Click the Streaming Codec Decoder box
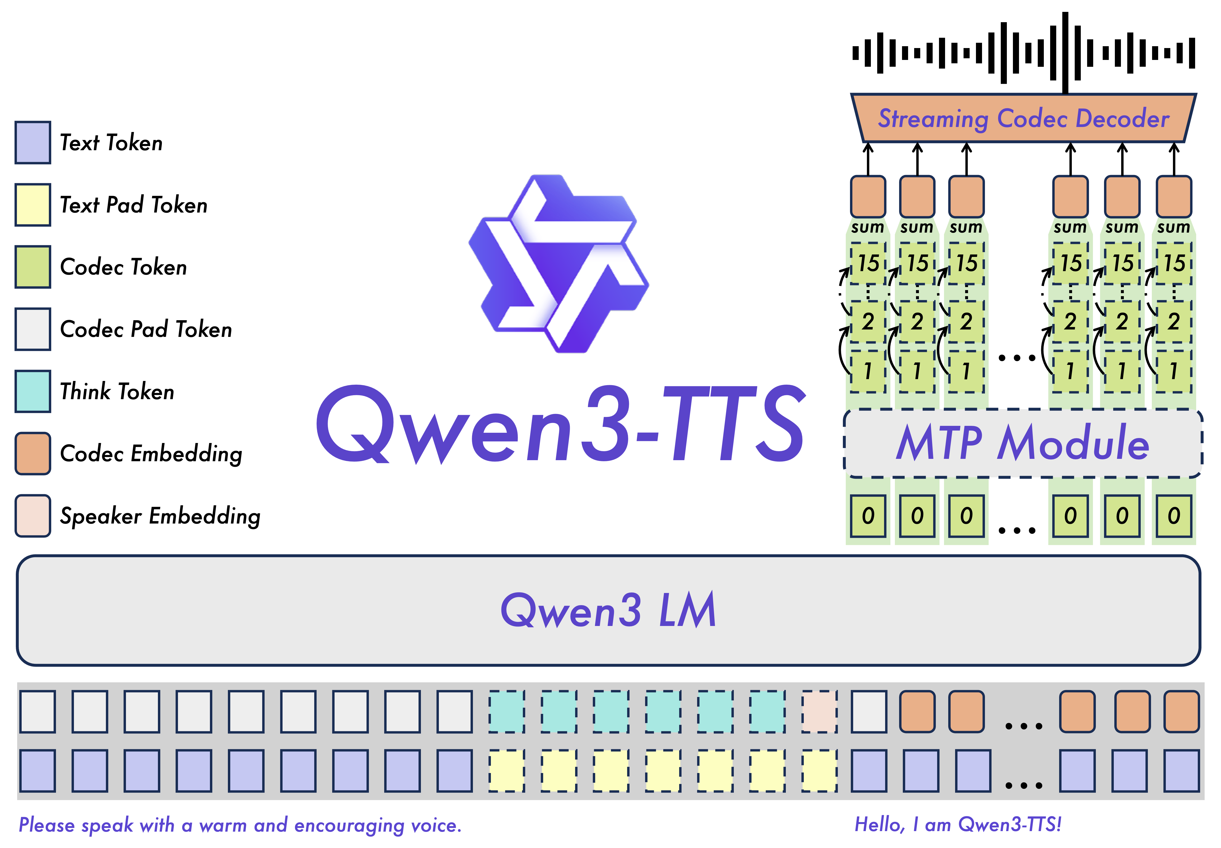(x=1023, y=118)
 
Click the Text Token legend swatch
(x=33, y=142)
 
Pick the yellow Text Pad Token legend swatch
(x=33, y=205)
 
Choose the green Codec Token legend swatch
(x=33, y=267)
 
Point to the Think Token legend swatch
(x=33, y=391)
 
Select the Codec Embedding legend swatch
(x=33, y=453)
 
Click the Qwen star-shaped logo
(x=558, y=263)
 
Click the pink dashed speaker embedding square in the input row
(x=819, y=712)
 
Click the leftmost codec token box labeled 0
(x=868, y=516)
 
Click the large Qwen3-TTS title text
(x=561, y=425)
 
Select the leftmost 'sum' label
(x=868, y=227)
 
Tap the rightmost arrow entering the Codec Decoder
(x=1174, y=158)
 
